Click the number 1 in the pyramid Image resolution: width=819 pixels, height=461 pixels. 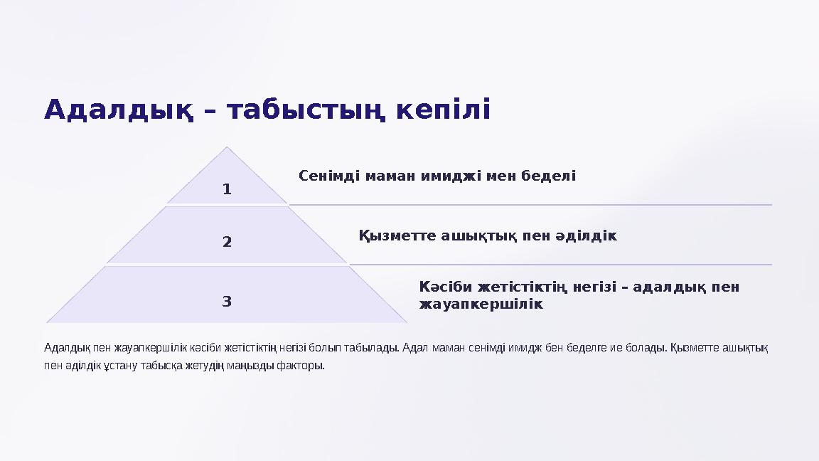[x=227, y=189]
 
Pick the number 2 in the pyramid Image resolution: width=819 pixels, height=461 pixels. [x=227, y=242]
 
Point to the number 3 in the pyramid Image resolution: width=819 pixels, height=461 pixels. [x=227, y=301]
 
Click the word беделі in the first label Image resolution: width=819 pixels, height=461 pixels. [x=551, y=175]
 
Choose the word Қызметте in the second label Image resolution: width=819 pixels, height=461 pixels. [x=395, y=235]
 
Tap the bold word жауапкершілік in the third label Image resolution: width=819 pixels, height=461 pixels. [x=481, y=304]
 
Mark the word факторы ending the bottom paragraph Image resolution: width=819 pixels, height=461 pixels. [x=301, y=366]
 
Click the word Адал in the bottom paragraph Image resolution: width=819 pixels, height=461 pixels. [x=414, y=348]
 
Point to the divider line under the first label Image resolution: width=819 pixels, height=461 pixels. [x=530, y=205]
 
